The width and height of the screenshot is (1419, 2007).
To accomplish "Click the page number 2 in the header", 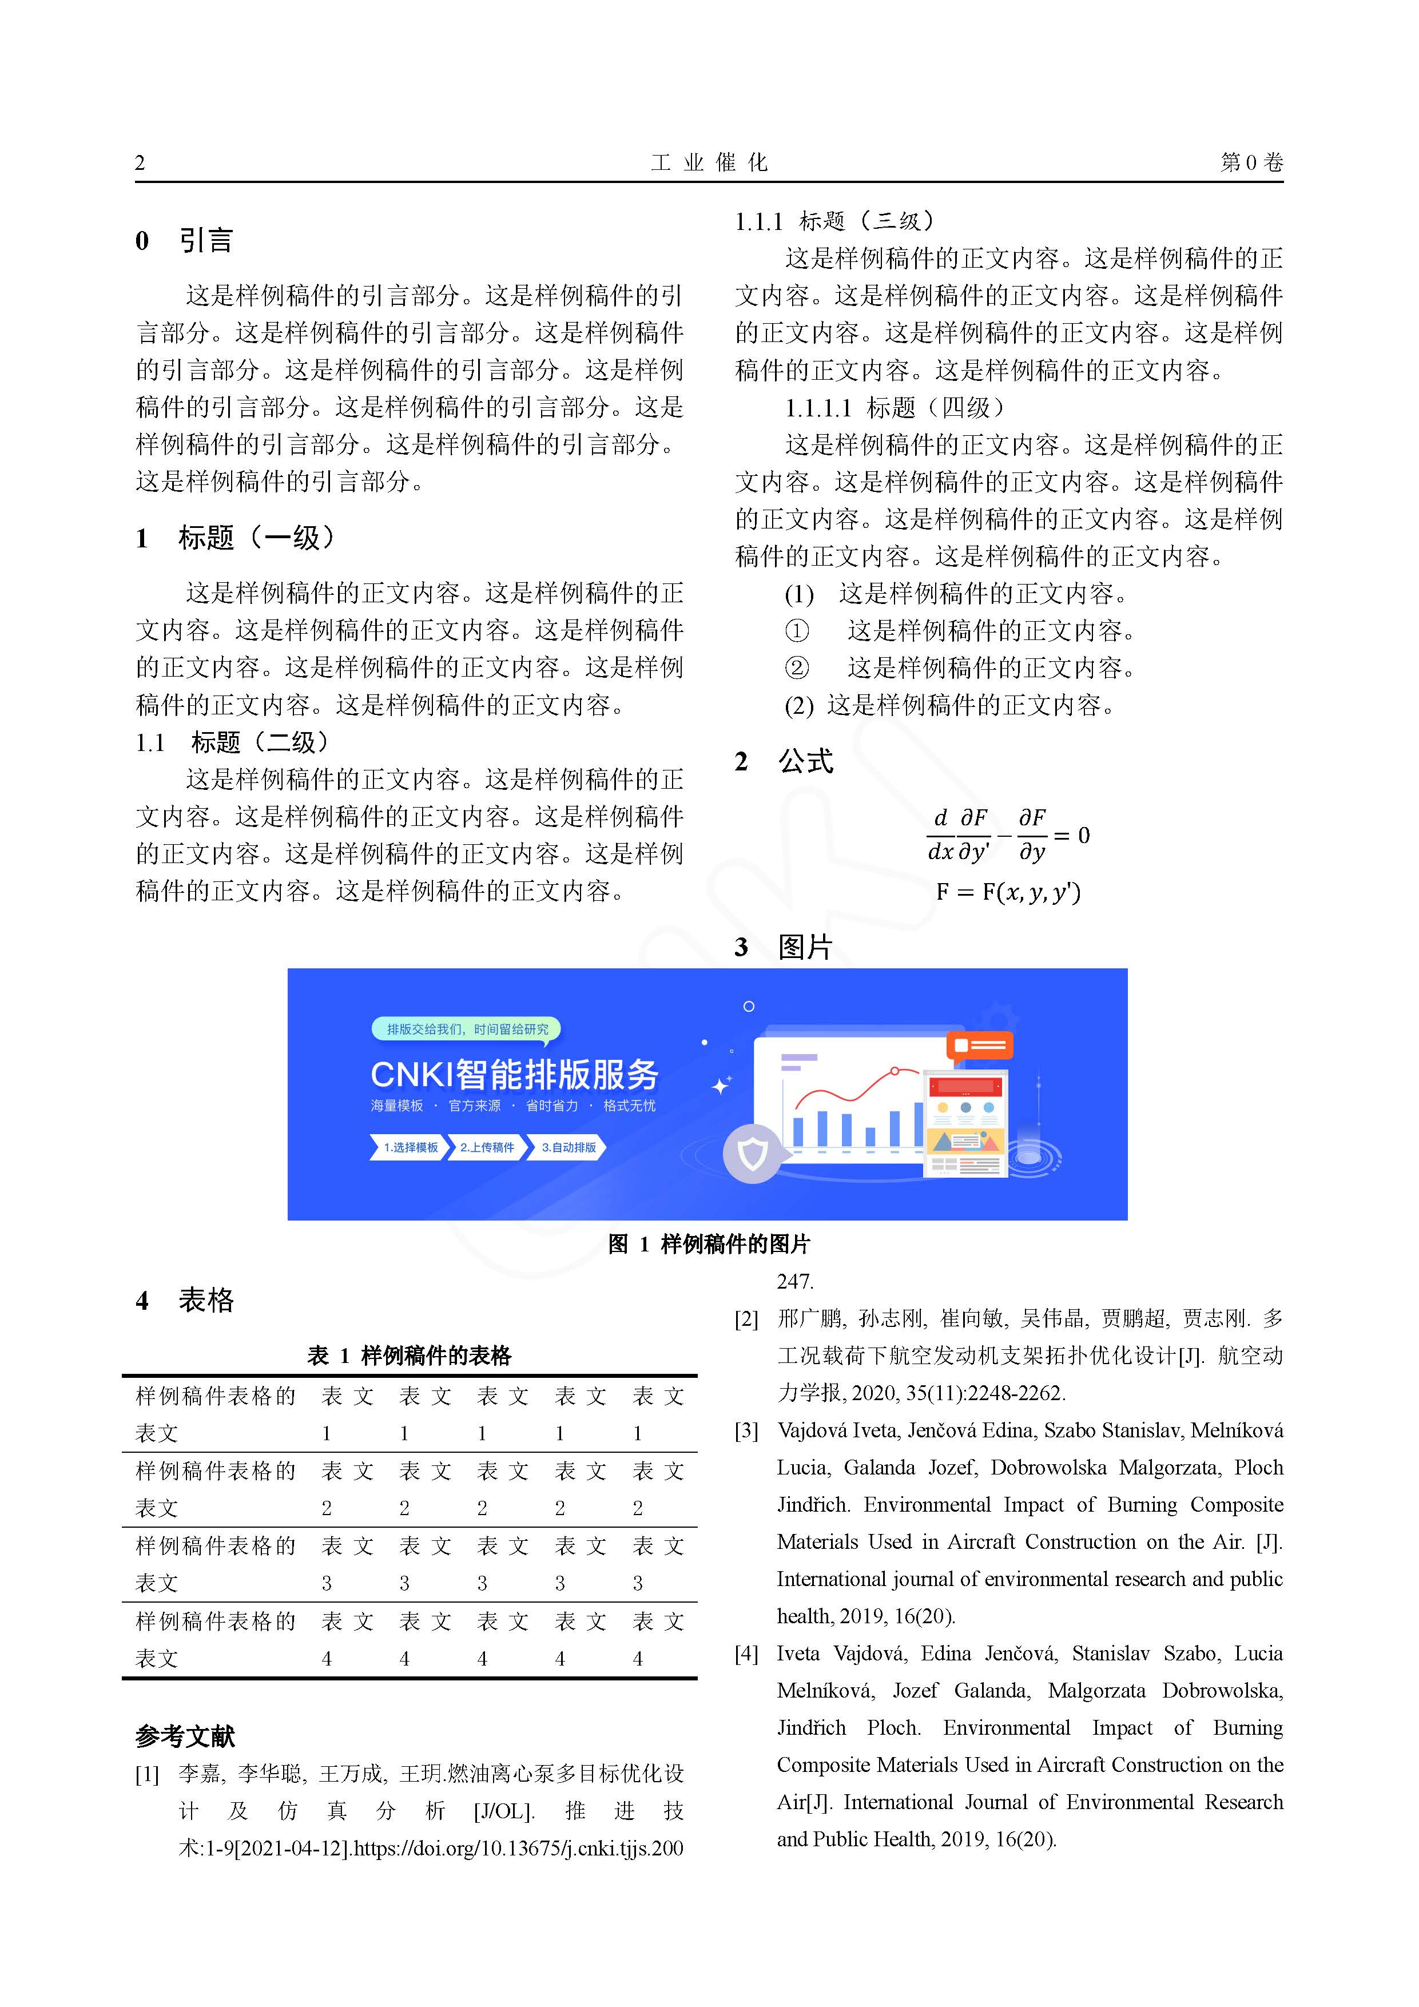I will pos(140,162).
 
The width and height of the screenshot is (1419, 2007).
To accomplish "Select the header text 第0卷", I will pos(1251,162).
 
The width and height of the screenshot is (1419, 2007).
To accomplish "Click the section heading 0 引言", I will pos(185,240).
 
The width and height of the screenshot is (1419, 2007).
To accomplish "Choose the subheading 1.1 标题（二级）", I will pos(233,742).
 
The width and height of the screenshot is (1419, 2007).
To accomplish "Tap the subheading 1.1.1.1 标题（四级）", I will pos(895,407).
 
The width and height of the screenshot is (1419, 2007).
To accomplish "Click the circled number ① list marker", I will pos(797,630).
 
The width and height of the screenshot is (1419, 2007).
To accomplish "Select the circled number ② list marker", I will pos(797,668).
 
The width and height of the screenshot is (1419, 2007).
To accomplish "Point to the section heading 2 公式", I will pos(784,761).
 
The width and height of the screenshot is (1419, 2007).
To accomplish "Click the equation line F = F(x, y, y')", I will pos(1008,892).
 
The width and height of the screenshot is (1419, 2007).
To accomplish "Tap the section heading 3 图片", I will pos(784,947).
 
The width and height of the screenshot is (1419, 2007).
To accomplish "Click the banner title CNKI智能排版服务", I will pos(514,1074).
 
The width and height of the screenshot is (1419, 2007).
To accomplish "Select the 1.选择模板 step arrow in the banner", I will pos(409,1147).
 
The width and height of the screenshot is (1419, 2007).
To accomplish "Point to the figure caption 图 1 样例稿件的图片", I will pos(709,1244).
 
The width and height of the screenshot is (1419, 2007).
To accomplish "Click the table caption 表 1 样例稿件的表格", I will pos(409,1355).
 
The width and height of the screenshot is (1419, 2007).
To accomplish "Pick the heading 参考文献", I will pos(185,1736).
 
